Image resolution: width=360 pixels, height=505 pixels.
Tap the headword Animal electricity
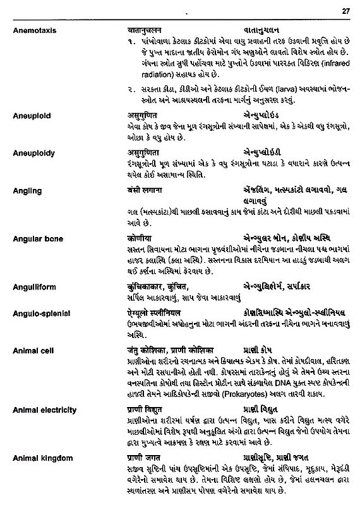44,410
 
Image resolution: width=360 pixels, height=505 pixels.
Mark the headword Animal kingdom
42,458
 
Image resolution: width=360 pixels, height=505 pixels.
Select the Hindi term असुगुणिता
142,154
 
